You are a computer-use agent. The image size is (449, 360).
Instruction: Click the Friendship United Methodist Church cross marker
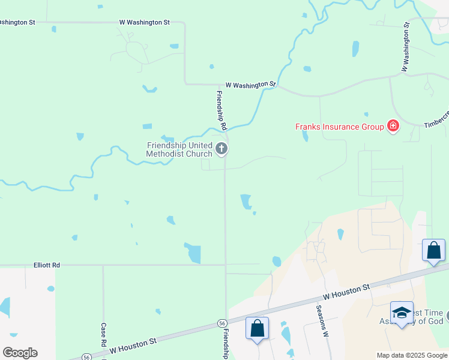point(221,149)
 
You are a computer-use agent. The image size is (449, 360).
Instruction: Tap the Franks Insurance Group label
point(339,127)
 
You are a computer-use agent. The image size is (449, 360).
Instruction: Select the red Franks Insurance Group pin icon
point(393,126)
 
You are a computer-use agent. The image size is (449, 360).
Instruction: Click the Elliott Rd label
point(47,265)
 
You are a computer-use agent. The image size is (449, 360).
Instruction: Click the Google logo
point(20,352)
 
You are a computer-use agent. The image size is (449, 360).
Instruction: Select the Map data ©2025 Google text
point(411,355)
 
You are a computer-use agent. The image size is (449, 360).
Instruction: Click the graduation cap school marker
point(402,313)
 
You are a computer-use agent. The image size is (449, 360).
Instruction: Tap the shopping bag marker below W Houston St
point(258,329)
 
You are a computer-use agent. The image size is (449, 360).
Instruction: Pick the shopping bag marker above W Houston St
point(433,250)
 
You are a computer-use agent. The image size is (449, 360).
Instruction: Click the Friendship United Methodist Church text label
point(179,149)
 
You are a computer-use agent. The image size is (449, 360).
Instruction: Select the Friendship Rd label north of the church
point(221,110)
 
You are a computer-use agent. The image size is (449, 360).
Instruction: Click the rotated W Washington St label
point(405,46)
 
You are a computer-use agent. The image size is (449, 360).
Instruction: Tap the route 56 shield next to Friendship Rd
point(222,323)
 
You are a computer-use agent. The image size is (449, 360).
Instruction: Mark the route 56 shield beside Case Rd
point(87,357)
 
